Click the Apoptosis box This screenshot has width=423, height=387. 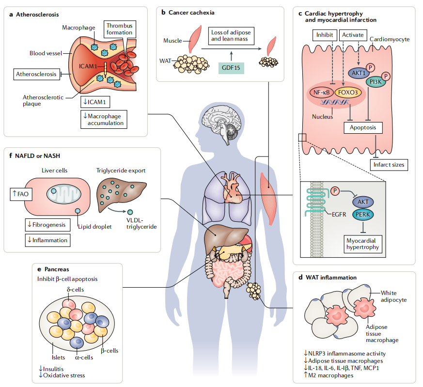click(x=363, y=127)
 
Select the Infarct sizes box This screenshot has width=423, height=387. click(x=388, y=165)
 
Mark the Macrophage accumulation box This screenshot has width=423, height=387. click(x=103, y=119)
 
